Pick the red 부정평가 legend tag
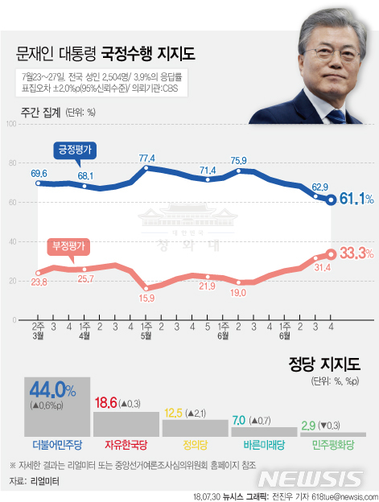[x=68, y=246]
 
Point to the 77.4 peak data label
[x=147, y=158]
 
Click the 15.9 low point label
[x=147, y=298]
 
